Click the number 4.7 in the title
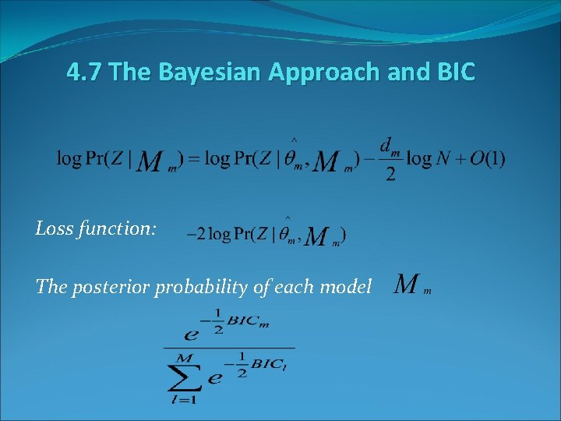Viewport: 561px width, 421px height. [x=84, y=73]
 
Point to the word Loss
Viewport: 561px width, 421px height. [x=53, y=228]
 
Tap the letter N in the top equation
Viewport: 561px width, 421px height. [x=443, y=158]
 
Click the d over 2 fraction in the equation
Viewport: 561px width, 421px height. [x=390, y=159]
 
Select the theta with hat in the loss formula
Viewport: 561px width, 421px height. [x=287, y=232]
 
